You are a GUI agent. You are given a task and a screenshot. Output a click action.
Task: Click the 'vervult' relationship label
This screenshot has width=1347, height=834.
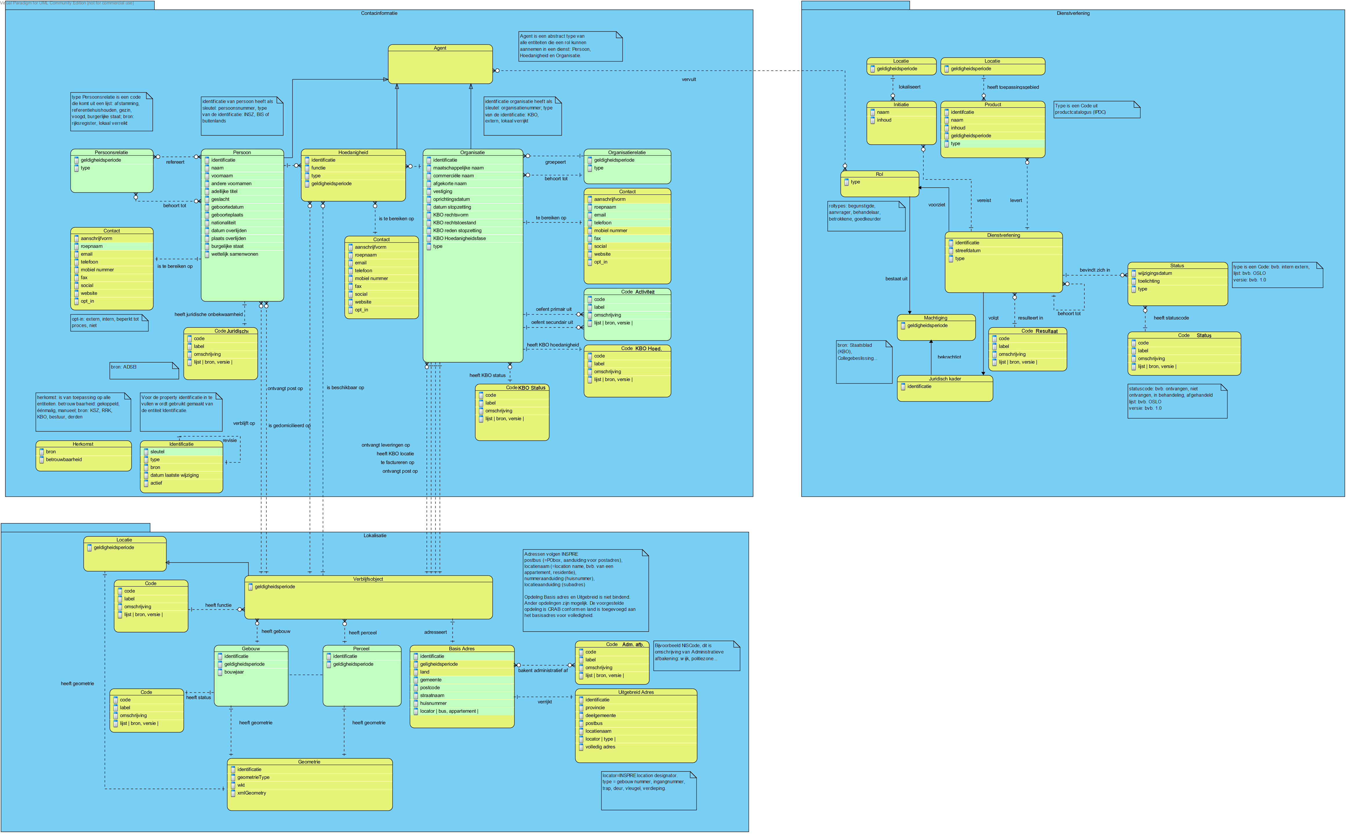click(x=689, y=80)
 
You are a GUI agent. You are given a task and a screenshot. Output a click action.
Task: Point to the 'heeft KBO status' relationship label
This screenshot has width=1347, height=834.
click(x=487, y=376)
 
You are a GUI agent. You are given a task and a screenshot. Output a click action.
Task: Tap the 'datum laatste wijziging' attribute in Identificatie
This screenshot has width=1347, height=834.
click(x=174, y=475)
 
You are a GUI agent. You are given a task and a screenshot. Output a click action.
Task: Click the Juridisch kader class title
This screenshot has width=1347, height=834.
click(x=944, y=379)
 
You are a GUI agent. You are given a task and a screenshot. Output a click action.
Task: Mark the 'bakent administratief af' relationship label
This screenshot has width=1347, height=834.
click(x=543, y=671)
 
